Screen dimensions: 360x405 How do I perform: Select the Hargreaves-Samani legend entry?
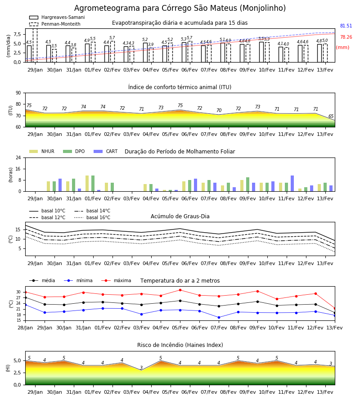pos(57,17)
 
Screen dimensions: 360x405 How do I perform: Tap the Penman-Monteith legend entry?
pos(55,24)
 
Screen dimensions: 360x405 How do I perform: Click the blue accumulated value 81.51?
pos(346,26)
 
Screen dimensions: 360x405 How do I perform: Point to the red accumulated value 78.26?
pos(346,37)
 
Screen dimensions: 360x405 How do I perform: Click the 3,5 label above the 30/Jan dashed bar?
pos(54,46)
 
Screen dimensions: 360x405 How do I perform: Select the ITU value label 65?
pos(331,116)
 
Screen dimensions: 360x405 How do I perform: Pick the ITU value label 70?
pos(219,110)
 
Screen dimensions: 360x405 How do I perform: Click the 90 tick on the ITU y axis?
pos(18,93)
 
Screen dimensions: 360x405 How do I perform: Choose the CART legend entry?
pos(106,151)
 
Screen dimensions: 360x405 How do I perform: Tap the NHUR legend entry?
pos(42,151)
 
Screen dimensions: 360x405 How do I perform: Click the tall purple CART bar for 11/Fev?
pos(292,184)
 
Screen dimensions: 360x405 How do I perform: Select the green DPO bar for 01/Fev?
pos(93,184)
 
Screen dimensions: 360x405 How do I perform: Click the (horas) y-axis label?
pos(11,175)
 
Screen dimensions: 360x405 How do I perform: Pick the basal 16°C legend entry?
pos(92,217)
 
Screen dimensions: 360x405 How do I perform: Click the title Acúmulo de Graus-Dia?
pos(180,216)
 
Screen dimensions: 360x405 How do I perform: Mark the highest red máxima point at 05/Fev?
pos(180,290)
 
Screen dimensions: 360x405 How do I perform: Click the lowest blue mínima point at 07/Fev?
pos(219,317)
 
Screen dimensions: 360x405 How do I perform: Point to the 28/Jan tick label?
pos(25,328)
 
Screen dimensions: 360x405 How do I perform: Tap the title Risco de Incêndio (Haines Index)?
pos(180,345)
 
